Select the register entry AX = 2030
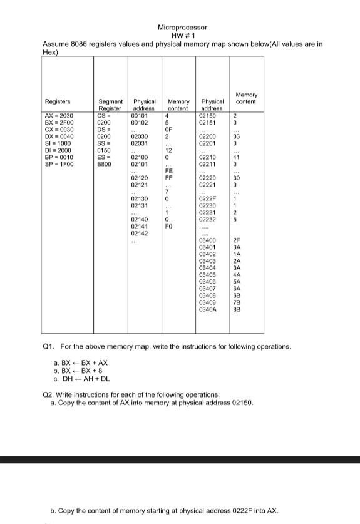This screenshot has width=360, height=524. coord(58,116)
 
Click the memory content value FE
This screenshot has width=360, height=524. coord(168,171)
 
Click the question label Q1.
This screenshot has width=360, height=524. coord(47,346)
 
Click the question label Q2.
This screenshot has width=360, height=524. coord(47,396)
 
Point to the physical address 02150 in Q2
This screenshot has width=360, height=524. coord(241,404)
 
